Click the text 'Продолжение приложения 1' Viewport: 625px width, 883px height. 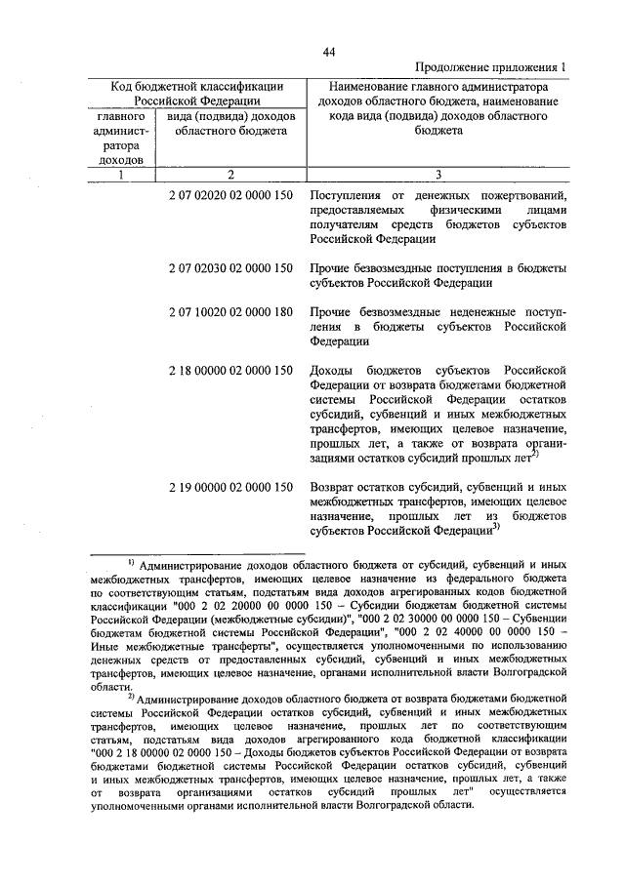point(490,66)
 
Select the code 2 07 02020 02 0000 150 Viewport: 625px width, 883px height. point(230,196)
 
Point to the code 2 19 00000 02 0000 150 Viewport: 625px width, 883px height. point(230,486)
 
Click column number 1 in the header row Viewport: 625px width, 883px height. point(119,175)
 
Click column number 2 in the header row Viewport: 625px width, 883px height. point(230,175)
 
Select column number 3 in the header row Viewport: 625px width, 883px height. point(437,175)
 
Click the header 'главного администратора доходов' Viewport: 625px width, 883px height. point(119,137)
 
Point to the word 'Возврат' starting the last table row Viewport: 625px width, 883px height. point(332,486)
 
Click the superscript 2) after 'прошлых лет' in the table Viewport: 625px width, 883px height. point(536,453)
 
